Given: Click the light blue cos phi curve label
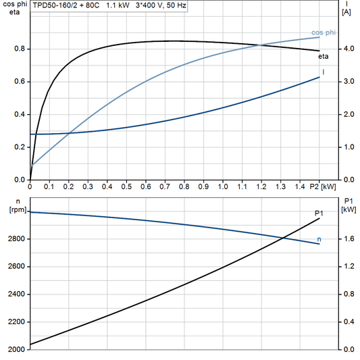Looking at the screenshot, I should (324, 32).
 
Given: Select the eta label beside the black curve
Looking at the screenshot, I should (324, 56).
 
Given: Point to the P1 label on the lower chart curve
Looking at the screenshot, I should (319, 213).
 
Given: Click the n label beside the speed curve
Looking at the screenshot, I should (319, 239).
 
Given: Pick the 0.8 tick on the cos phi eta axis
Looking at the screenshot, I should (19, 49).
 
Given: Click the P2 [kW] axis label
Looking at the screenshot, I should (326, 186).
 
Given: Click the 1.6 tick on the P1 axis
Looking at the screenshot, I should (346, 239).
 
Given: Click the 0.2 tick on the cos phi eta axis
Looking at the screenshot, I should (19, 147).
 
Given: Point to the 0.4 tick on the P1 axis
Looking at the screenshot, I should (346, 322).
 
